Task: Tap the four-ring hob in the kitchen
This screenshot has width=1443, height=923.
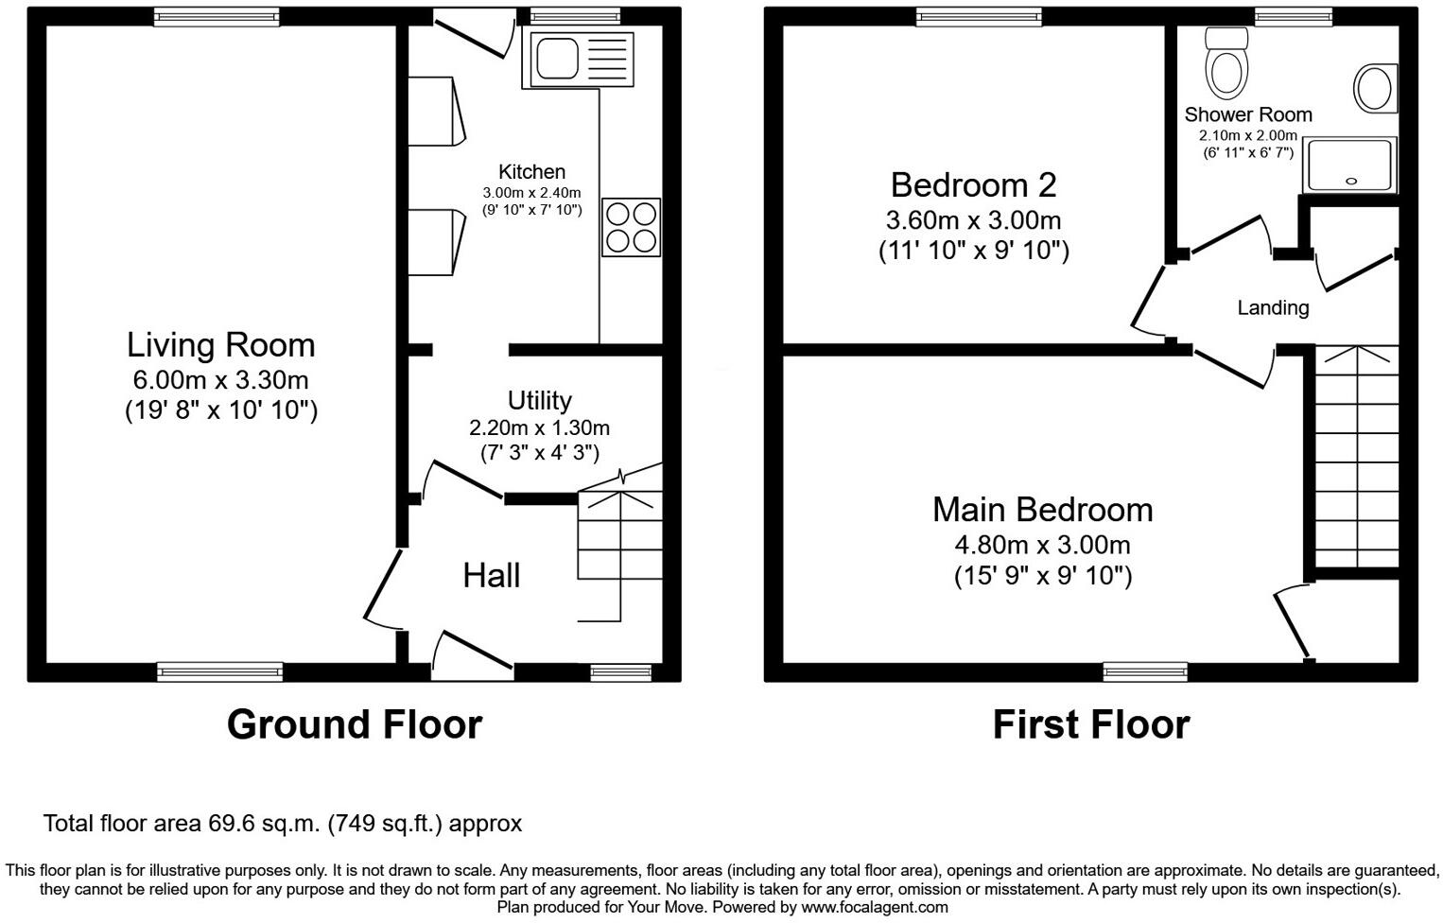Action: point(631,228)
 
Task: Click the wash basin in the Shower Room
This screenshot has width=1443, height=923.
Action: point(1374,89)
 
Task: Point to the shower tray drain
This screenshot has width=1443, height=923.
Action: point(1350,181)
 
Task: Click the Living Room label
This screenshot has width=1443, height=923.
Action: point(221,345)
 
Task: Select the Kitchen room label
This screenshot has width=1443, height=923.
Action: point(531,172)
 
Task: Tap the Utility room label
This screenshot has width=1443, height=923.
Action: point(539,400)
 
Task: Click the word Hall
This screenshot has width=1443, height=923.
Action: point(491,575)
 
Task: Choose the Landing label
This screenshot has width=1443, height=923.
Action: point(1273,307)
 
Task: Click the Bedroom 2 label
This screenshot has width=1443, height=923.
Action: point(973,184)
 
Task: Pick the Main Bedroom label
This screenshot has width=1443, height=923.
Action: point(1042,510)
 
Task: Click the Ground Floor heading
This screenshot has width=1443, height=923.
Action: point(355,724)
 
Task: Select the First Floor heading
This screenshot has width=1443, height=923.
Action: point(1090,724)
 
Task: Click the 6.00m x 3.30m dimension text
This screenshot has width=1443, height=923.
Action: point(221,380)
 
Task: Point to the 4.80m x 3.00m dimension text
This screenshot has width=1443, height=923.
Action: point(1042,545)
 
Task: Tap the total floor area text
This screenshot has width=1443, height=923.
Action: point(282,824)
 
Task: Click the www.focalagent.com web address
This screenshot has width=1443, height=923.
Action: point(875,908)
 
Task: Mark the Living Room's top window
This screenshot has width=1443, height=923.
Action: point(217,16)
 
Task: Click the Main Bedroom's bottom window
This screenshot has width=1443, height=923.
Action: point(1145,672)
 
